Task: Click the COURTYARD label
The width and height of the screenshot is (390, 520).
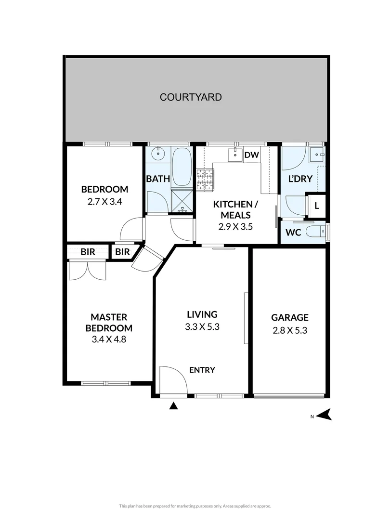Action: pyautogui.click(x=191, y=97)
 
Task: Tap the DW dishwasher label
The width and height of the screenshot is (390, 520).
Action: pyautogui.click(x=251, y=155)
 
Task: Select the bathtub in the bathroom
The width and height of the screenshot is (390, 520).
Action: pyautogui.click(x=182, y=167)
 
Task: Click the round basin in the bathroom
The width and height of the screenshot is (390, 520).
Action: pyautogui.click(x=157, y=155)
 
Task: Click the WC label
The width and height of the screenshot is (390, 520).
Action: pyautogui.click(x=293, y=232)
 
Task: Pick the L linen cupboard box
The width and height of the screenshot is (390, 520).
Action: pyautogui.click(x=316, y=206)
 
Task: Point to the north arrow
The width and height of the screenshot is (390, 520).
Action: pyautogui.click(x=325, y=414)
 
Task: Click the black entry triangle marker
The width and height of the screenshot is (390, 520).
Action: pyautogui.click(x=174, y=407)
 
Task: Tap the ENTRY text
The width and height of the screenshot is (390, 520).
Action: pyautogui.click(x=202, y=370)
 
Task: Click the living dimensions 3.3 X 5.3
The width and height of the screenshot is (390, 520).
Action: pyautogui.click(x=202, y=327)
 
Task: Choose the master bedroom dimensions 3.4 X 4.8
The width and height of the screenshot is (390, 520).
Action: pyautogui.click(x=109, y=339)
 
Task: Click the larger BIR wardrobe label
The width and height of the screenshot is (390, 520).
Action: pyautogui.click(x=88, y=252)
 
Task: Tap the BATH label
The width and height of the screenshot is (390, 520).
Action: pyautogui.click(x=158, y=179)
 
